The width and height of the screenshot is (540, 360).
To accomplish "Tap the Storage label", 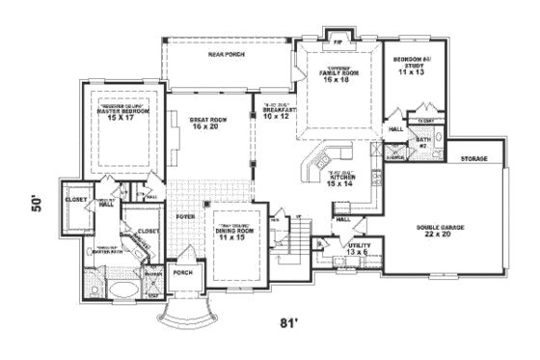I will [x=472, y=157].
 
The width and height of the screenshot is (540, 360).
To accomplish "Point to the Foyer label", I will [x=185, y=217].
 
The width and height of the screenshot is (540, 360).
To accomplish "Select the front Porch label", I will [x=182, y=272].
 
